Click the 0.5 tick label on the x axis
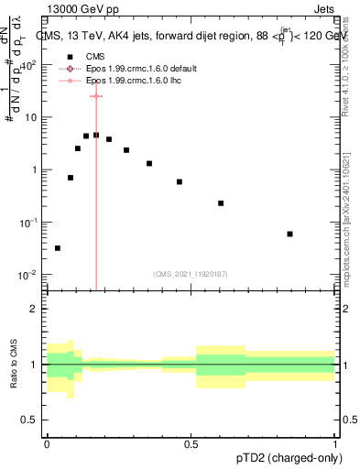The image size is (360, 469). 191,442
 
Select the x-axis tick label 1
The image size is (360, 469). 335,442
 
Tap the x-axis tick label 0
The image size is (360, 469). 47,442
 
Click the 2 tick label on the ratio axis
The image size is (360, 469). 34,309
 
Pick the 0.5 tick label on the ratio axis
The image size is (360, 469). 30,421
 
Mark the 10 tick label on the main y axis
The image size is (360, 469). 31,117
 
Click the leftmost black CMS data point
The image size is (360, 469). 58,247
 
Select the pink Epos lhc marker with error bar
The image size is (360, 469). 95,95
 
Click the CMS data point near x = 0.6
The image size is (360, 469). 221,203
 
